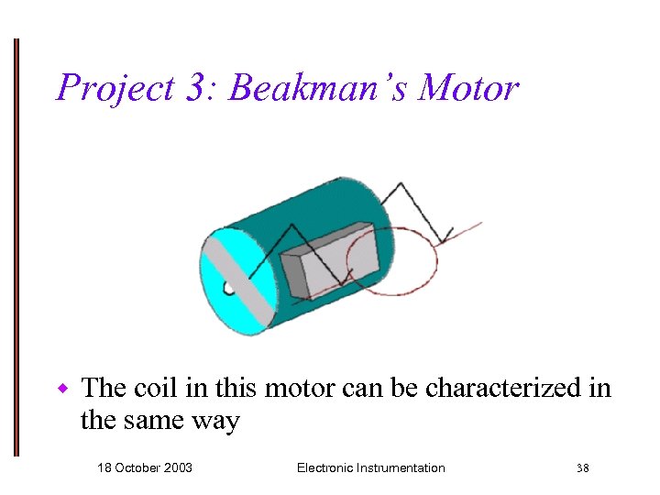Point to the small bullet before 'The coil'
[x=63, y=389]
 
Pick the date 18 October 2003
[x=145, y=467]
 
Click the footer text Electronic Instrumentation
[x=370, y=467]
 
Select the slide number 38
[x=582, y=468]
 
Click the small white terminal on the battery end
[x=228, y=289]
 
